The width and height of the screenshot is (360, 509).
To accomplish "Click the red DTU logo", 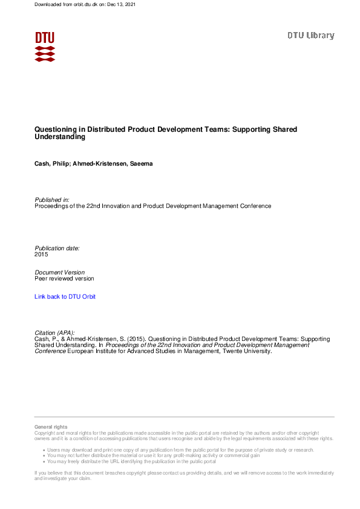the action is click(x=45, y=47).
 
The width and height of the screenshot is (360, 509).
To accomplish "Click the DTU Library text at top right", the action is click(x=310, y=36).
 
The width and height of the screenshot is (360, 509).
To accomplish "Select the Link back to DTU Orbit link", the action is click(x=65, y=297).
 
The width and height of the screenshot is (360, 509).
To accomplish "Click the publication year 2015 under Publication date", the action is click(x=41, y=254).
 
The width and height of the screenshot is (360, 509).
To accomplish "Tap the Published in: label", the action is click(x=52, y=199).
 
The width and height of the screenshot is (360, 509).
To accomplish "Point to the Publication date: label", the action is click(x=57, y=248).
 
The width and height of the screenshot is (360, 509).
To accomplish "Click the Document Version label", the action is click(x=60, y=273).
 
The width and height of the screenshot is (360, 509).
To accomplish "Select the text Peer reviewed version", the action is click(x=65, y=279).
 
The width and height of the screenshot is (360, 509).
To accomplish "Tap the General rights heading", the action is click(x=51, y=427).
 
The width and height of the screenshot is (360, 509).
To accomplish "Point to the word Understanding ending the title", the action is click(x=60, y=137).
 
